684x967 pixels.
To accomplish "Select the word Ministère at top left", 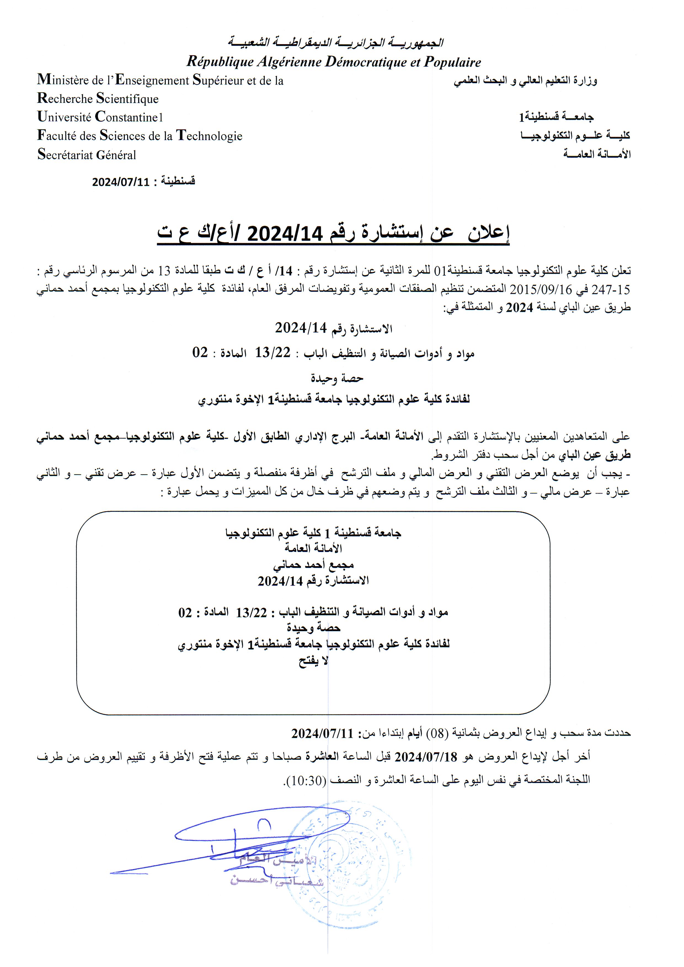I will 63,80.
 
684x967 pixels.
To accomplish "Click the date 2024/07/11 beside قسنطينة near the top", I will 121,182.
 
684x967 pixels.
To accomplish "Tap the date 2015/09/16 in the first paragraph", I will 532,289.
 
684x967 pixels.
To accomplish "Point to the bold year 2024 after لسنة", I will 519,307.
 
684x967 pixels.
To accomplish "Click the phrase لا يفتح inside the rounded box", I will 313,661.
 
